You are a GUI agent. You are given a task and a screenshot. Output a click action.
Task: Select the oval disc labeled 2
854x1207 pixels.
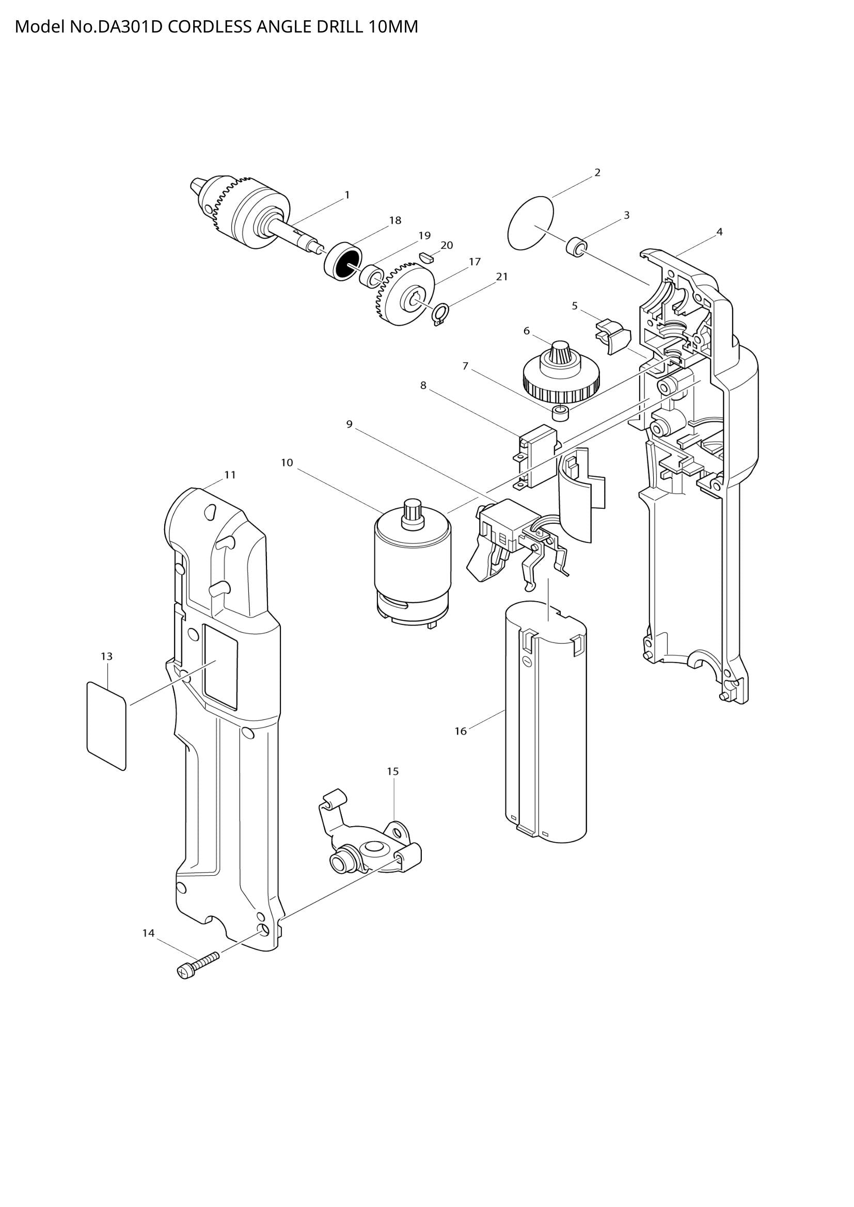[531, 223]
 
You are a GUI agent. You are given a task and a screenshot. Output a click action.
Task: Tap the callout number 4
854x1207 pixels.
[719, 232]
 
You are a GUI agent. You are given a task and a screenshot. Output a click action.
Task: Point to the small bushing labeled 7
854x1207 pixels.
[561, 413]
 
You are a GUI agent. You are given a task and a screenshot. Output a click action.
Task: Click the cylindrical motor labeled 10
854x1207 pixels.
[413, 565]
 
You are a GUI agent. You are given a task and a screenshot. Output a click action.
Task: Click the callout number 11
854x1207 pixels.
[230, 475]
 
